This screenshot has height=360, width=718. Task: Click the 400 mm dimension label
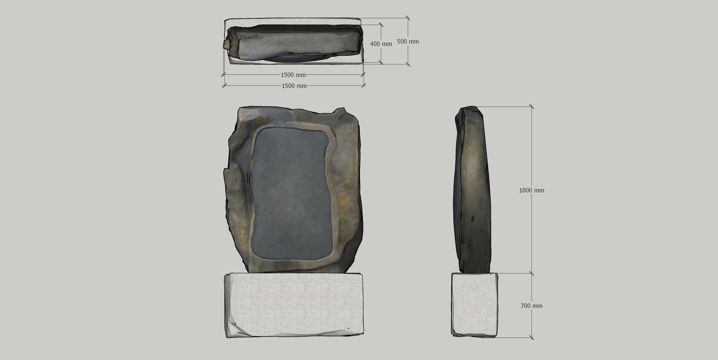pyautogui.click(x=381, y=44)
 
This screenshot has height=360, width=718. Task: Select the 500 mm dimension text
pyautogui.click(x=408, y=41)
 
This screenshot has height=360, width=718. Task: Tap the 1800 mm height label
pyautogui.click(x=532, y=190)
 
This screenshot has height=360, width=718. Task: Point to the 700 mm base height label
pyautogui.click(x=532, y=306)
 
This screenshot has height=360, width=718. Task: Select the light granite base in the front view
pyautogui.click(x=294, y=305)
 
